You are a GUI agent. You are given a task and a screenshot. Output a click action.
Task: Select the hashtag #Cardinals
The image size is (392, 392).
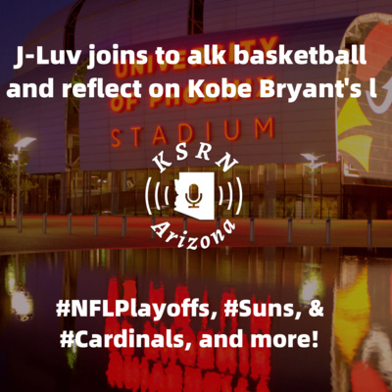point(125,340)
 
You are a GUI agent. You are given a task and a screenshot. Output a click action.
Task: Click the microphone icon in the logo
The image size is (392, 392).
point(194,195)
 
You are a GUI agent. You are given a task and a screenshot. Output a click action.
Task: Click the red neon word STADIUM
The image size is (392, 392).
point(192,132)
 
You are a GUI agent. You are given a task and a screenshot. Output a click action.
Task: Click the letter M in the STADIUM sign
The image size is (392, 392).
point(264,127)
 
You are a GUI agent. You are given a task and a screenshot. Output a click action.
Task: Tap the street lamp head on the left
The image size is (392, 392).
point(24,142)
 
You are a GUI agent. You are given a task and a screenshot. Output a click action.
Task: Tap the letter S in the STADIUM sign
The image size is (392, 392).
point(116,138)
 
